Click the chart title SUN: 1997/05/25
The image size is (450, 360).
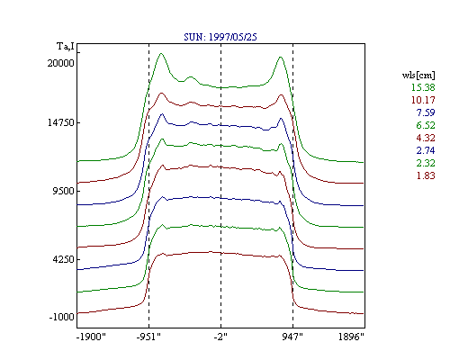point(220,37)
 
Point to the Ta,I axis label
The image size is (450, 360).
point(66,47)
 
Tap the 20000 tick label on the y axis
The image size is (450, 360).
point(60,63)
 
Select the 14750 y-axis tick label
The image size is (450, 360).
point(60,122)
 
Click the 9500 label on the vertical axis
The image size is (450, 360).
point(63,191)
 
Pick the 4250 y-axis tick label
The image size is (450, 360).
point(63,259)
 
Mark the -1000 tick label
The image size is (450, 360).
point(61,317)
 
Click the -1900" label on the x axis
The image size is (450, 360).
point(91,337)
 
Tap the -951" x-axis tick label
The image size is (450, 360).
point(148,337)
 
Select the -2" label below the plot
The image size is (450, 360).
point(220,337)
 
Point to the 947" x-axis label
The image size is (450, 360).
point(292,337)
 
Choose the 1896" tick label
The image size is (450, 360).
point(351,337)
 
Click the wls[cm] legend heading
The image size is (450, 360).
point(418,76)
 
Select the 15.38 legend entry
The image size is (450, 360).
point(423,87)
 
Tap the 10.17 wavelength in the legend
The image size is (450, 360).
point(423,100)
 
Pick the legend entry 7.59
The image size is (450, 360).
point(426,112)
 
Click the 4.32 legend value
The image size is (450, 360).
point(426,138)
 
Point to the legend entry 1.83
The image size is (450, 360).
point(426,175)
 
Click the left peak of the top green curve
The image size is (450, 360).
point(161,54)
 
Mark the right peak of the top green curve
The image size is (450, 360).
point(281,57)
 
